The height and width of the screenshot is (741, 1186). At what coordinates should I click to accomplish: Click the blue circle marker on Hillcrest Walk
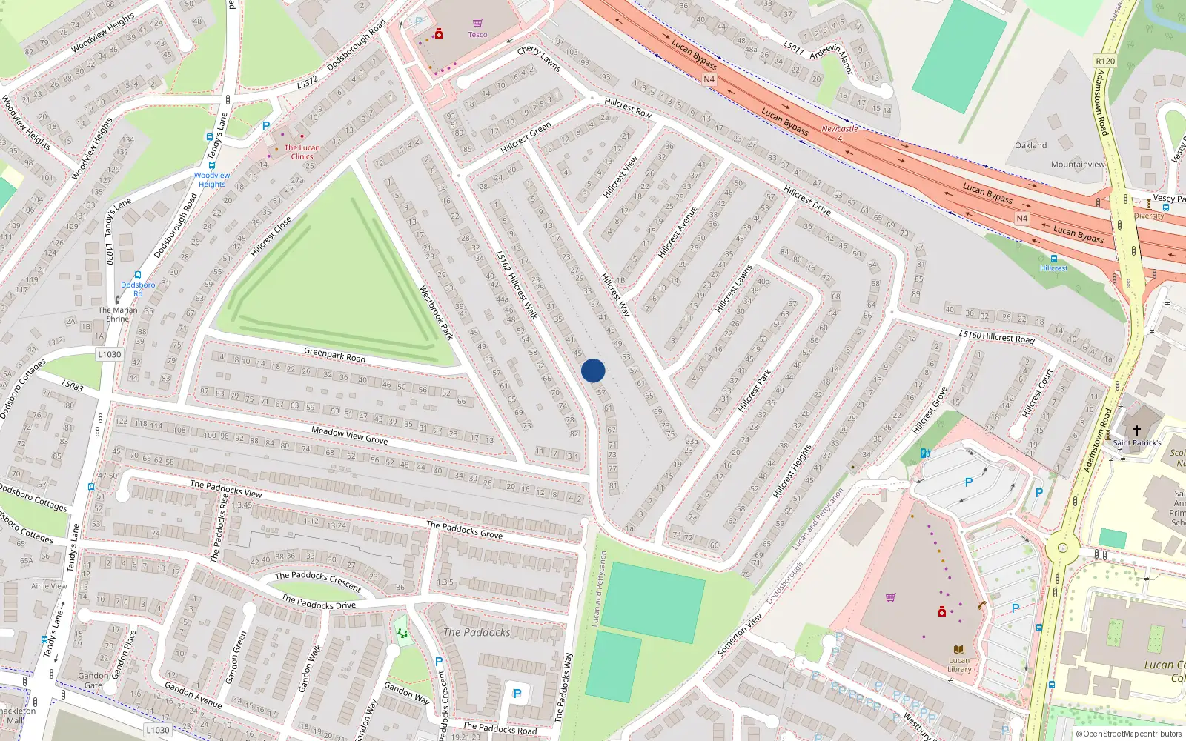coord(593,370)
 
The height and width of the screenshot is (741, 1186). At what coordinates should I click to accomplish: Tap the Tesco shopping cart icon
coord(477,24)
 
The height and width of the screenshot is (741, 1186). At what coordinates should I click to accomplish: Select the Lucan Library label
coord(959,665)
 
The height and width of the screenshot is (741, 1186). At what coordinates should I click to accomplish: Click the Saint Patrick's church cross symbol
coord(1136,430)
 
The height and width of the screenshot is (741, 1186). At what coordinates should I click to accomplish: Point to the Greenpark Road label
coord(334,354)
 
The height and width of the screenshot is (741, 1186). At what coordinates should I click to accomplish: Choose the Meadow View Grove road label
coord(349,435)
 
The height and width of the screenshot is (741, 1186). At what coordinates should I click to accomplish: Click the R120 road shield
coord(1104,62)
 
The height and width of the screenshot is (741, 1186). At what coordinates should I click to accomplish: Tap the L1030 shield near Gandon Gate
coord(157,730)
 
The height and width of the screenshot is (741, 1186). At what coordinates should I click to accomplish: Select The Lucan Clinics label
coord(302,152)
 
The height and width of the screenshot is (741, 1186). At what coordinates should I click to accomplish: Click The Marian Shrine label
coord(118,314)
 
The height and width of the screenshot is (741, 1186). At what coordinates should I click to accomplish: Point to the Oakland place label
coord(1030,145)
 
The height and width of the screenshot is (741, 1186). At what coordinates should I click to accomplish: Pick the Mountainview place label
coord(1077,165)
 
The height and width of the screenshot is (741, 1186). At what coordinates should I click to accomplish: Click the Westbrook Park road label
coord(436,312)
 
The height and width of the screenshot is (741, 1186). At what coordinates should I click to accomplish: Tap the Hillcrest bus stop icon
coord(1054,259)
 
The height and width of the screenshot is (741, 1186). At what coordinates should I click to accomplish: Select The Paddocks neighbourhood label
coord(477,632)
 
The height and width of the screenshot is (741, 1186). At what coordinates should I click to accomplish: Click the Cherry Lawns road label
coord(539,58)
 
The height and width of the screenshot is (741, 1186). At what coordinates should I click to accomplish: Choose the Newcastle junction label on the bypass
coord(839,130)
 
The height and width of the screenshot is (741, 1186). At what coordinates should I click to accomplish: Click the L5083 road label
coord(73,385)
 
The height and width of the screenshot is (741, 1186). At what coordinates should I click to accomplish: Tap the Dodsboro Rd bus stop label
coord(138,289)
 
